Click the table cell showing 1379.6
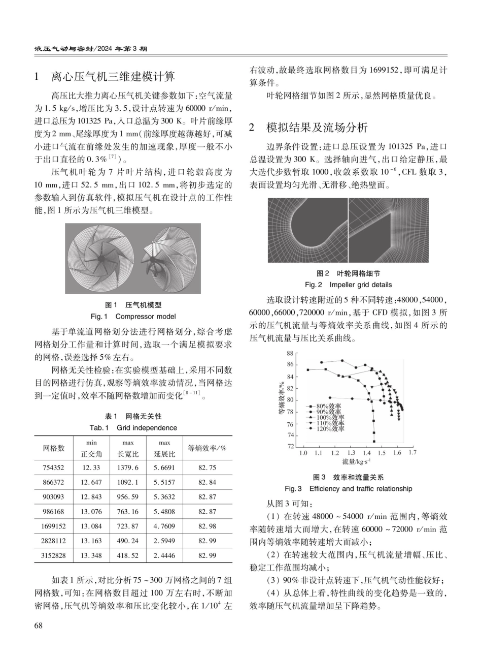(x=127, y=467)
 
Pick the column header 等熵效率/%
(x=207, y=448)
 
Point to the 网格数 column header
(x=53, y=448)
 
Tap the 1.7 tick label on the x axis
(x=412, y=452)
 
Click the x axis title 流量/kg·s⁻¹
(x=356, y=461)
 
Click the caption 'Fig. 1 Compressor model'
(x=133, y=316)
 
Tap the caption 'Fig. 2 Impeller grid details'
(x=348, y=285)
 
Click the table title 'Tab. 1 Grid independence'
(x=133, y=428)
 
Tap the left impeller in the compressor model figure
(x=100, y=259)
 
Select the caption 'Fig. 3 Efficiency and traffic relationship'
(x=348, y=489)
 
